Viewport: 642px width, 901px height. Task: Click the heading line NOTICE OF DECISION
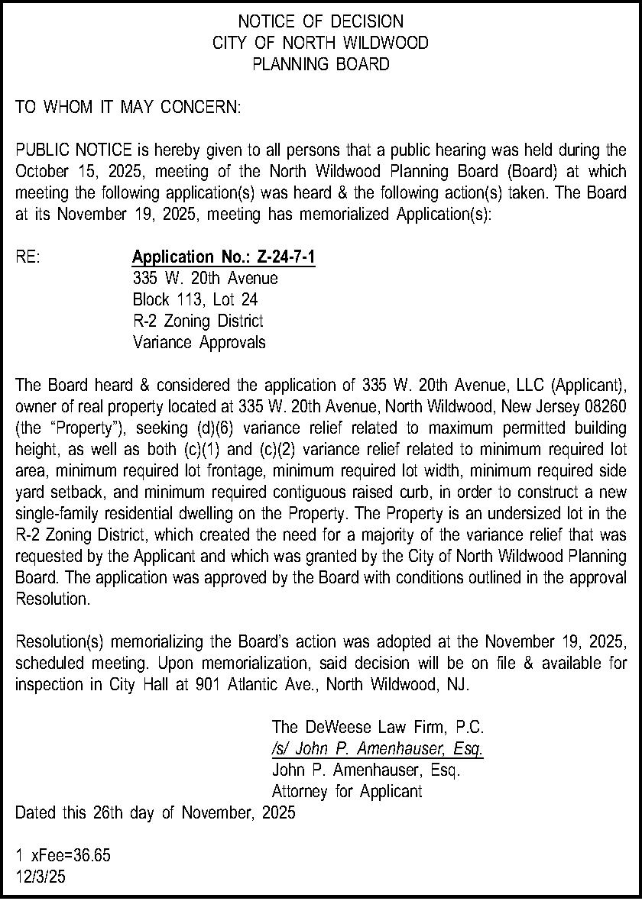(x=320, y=21)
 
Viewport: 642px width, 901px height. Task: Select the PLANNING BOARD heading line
(x=320, y=64)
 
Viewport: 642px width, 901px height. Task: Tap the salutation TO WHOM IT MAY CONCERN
(x=128, y=108)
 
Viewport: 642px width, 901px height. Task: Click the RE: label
(x=28, y=257)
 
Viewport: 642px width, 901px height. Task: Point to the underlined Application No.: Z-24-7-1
(x=223, y=257)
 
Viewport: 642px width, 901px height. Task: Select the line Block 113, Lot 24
(x=195, y=299)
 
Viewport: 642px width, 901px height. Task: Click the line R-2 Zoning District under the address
(x=198, y=321)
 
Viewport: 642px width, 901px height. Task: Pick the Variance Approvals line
(x=199, y=342)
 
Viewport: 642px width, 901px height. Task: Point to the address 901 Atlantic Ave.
(x=257, y=684)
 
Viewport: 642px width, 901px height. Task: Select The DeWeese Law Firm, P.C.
(x=378, y=726)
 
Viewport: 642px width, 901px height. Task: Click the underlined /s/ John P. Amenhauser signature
(x=378, y=748)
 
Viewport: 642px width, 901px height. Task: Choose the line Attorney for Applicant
(x=347, y=792)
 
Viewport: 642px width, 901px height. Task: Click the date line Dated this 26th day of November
(x=155, y=813)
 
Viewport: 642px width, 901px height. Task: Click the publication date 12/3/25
(x=41, y=877)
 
